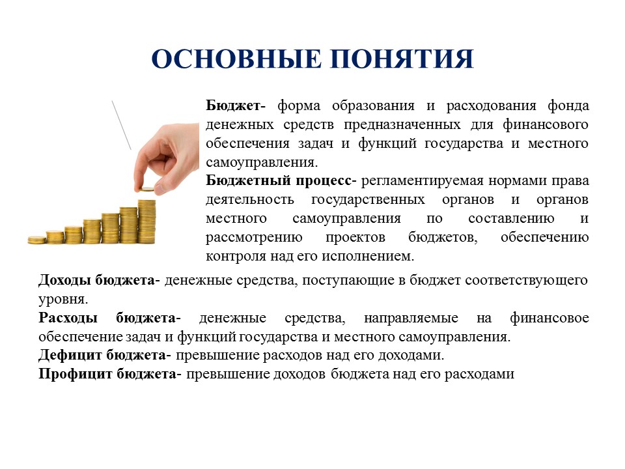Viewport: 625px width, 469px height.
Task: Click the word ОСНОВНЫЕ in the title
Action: (x=236, y=59)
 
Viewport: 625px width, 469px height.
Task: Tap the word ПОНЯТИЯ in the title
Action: (x=402, y=59)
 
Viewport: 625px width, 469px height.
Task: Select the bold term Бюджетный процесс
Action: (x=279, y=181)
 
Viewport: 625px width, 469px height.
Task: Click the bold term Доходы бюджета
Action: (x=97, y=280)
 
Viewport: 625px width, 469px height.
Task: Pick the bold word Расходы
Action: (x=68, y=318)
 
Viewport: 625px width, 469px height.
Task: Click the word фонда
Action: (x=568, y=106)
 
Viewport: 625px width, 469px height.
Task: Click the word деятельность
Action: (x=250, y=199)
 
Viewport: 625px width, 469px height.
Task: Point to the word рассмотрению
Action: (x=254, y=238)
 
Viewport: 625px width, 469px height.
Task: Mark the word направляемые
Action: (x=411, y=319)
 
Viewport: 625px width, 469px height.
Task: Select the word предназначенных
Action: (x=402, y=125)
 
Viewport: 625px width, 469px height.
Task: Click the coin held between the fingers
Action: (x=147, y=190)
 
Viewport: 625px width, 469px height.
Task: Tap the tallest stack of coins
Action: (x=146, y=221)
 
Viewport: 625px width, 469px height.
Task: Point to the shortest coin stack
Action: (x=36, y=240)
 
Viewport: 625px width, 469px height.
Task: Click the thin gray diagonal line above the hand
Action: (x=122, y=125)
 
